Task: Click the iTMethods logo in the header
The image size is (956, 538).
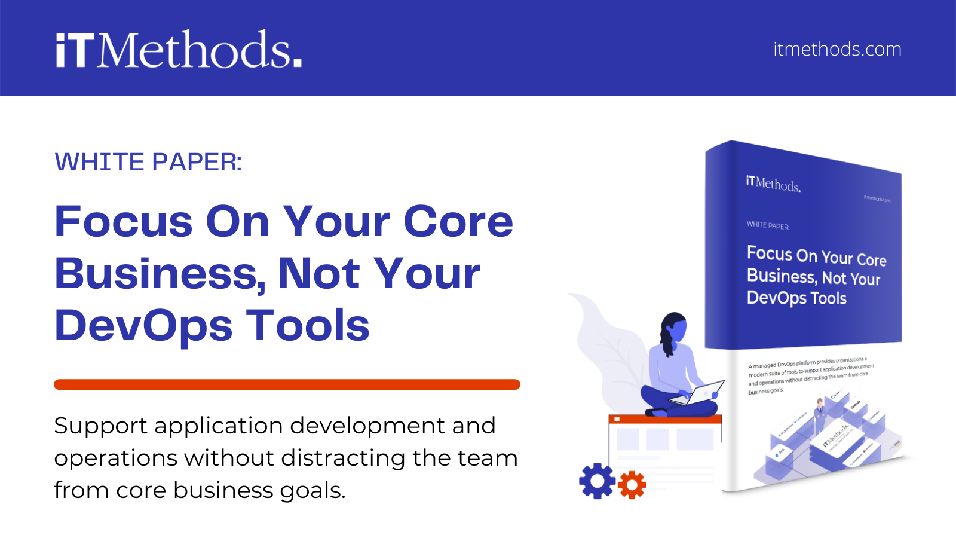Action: (x=179, y=49)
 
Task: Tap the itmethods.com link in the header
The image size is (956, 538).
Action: (x=837, y=49)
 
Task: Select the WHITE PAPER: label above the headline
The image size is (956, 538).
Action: (x=148, y=162)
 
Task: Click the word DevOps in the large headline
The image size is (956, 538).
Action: (x=143, y=326)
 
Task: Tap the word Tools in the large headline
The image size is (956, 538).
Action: (x=308, y=326)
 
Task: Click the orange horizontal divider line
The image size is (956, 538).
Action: (x=287, y=384)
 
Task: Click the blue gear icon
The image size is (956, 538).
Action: (x=597, y=481)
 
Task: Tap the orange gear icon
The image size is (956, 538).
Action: (x=632, y=485)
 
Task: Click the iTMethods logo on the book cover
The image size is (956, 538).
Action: (x=773, y=184)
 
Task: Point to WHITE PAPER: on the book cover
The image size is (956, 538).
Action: (x=768, y=225)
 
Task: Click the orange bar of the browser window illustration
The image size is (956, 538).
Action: (x=665, y=419)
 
